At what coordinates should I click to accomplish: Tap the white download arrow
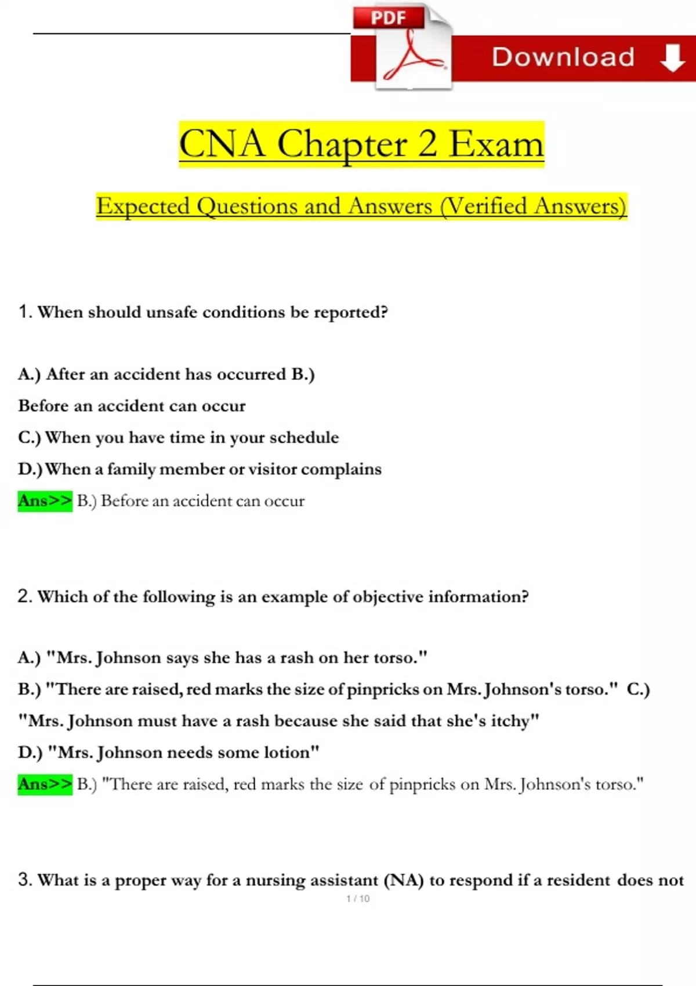pyautogui.click(x=672, y=58)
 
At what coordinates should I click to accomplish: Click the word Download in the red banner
pyautogui.click(x=563, y=57)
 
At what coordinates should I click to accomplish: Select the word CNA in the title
pyautogui.click(x=222, y=144)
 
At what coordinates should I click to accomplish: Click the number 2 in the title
pyautogui.click(x=427, y=144)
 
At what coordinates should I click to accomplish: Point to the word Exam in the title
pyautogui.click(x=496, y=144)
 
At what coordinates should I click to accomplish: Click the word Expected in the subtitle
pyautogui.click(x=143, y=206)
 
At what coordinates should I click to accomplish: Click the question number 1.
pyautogui.click(x=24, y=311)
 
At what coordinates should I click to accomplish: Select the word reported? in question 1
pyautogui.click(x=351, y=313)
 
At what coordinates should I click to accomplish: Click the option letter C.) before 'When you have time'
pyautogui.click(x=30, y=437)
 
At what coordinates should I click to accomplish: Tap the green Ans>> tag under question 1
pyautogui.click(x=45, y=501)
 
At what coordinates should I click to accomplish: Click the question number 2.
pyautogui.click(x=24, y=596)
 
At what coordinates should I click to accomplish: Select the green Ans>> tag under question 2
pyautogui.click(x=45, y=784)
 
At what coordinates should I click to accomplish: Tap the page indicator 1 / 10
pyautogui.click(x=357, y=898)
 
